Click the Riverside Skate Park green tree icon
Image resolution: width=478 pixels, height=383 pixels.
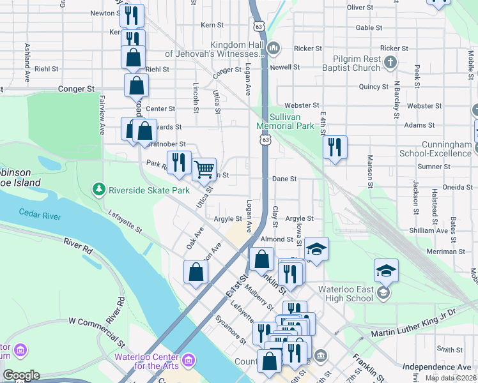(x=98, y=190)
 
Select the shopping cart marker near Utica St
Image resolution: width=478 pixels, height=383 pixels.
(x=204, y=170)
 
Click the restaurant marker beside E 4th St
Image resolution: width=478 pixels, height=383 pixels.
(x=335, y=147)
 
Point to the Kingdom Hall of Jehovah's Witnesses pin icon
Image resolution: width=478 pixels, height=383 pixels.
(x=274, y=47)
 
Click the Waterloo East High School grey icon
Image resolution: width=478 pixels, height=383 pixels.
(x=383, y=293)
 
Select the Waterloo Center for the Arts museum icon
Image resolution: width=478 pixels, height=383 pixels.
(x=188, y=361)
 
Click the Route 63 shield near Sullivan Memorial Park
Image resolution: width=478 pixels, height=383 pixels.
(x=265, y=139)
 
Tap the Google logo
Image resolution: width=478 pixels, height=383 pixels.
(x=21, y=375)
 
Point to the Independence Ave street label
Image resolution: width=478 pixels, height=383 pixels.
(x=437, y=367)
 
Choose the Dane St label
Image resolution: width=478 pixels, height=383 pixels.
(x=284, y=179)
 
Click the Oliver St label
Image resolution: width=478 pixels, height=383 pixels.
(x=360, y=8)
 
